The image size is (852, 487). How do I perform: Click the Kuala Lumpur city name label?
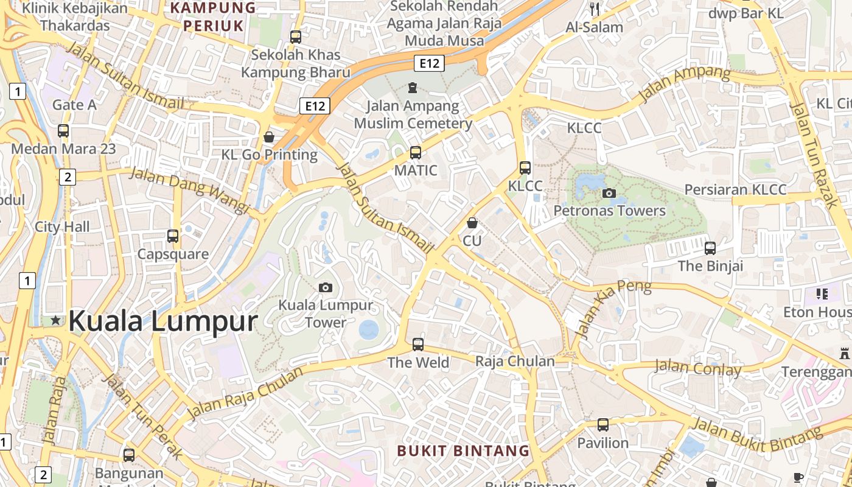click(163, 321)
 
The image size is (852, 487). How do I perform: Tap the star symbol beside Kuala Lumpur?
click(56, 320)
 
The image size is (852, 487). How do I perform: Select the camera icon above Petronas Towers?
click(609, 194)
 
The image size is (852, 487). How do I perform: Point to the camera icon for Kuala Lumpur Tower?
click(326, 287)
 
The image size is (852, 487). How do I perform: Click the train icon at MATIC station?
click(416, 153)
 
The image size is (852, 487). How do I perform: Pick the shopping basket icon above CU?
click(472, 223)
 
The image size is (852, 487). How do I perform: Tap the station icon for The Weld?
click(418, 345)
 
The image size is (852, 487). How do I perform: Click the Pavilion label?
click(602, 443)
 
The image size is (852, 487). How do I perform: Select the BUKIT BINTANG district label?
click(463, 451)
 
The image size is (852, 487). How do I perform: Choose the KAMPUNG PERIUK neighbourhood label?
click(214, 16)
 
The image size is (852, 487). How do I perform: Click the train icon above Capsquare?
click(173, 236)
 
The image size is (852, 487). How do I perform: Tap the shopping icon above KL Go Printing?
click(269, 137)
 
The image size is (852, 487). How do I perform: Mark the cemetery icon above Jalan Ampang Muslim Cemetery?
click(413, 88)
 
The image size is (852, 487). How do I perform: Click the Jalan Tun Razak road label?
click(813, 155)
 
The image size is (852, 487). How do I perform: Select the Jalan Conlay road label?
click(697, 368)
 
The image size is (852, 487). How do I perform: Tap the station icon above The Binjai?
click(710, 248)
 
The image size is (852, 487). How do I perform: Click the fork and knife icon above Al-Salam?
click(595, 9)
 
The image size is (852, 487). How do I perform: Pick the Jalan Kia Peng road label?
click(612, 309)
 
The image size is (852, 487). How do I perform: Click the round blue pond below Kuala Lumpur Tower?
click(369, 330)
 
